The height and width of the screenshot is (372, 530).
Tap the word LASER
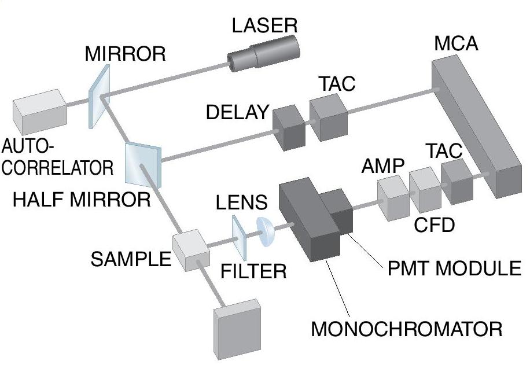pyautogui.click(x=264, y=25)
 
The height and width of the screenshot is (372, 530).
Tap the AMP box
pyautogui.click(x=393, y=196)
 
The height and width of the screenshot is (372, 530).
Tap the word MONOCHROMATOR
pyautogui.click(x=406, y=330)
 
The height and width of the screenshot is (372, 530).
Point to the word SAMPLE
pyautogui.click(x=131, y=259)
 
